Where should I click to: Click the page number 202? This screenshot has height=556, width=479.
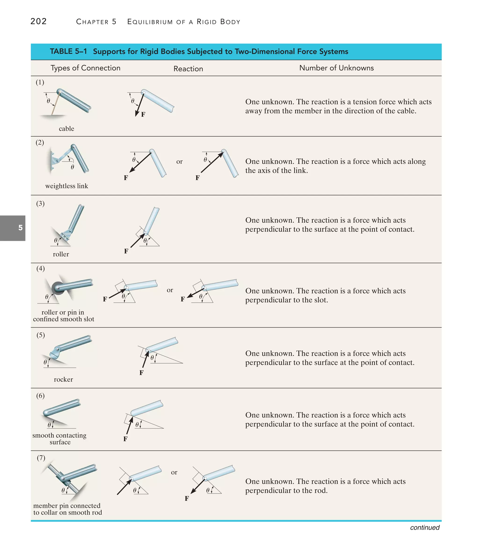tap(38, 21)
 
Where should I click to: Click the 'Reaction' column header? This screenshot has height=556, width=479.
tap(188, 69)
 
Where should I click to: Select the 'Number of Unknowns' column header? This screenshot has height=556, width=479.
tap(336, 68)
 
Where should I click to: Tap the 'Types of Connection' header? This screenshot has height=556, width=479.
tap(85, 68)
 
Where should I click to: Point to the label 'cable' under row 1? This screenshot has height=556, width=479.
tap(66, 129)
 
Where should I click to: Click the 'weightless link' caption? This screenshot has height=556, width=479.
tap(67, 186)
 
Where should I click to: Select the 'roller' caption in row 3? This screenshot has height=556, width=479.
tap(61, 254)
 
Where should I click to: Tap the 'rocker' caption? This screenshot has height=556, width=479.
tap(63, 379)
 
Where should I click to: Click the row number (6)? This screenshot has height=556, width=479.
tap(40, 396)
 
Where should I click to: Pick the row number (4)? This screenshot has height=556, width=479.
tap(40, 268)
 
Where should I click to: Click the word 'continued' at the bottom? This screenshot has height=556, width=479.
tap(425, 527)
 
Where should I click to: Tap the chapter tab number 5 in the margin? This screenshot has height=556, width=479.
tap(20, 228)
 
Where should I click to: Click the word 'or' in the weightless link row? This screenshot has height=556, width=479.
tap(179, 162)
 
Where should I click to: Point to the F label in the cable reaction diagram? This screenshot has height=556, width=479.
tap(143, 115)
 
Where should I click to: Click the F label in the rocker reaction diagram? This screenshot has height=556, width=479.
tap(142, 372)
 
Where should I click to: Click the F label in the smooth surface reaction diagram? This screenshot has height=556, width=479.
tap(125, 439)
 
